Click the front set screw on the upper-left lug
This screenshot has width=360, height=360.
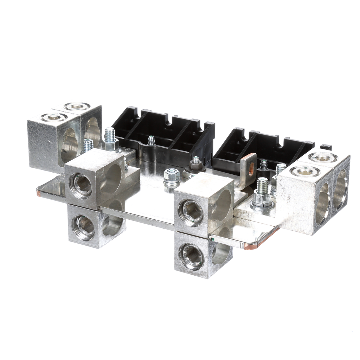coord(54,117)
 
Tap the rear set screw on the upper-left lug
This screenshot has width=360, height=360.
coord(77,106)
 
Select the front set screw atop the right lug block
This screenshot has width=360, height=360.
coord(305,171)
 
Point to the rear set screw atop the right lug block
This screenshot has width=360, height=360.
coord(323,157)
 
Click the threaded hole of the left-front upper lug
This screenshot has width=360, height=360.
coord(81,184)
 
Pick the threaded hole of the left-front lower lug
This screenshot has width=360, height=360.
coord(83,227)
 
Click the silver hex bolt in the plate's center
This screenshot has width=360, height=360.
coord(172,174)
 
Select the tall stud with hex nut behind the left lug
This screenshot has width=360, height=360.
coord(110,139)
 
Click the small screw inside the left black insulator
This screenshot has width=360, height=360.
coord(151,140)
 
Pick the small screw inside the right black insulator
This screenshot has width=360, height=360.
coord(264,165)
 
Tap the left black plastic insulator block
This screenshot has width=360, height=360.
coord(163,135)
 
